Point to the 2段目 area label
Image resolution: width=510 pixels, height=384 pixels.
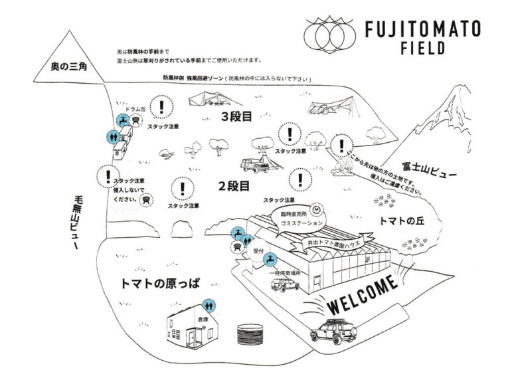[x=234, y=186]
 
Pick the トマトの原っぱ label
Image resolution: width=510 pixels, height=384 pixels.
[x=161, y=281]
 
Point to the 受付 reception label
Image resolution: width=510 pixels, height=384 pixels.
[x=260, y=252]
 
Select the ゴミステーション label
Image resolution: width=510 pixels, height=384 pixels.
[x=294, y=223]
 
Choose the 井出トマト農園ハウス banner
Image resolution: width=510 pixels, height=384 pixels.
[x=331, y=244]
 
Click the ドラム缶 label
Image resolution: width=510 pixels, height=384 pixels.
[x=135, y=108]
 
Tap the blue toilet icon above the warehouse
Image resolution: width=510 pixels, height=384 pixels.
[x=209, y=304]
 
